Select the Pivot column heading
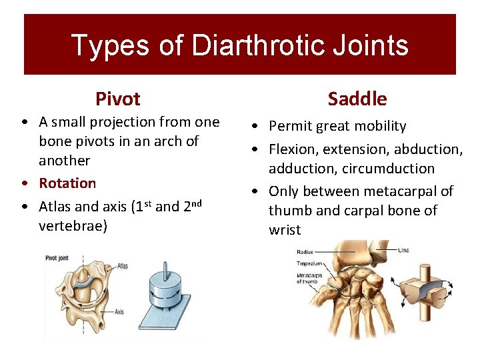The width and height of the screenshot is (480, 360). pos(117,99)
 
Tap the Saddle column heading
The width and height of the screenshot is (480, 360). pos(357,99)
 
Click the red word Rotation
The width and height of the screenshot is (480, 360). pos(67,183)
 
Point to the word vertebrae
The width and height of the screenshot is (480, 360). pos(73,225)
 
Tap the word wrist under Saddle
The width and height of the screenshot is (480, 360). pos(285,230)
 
